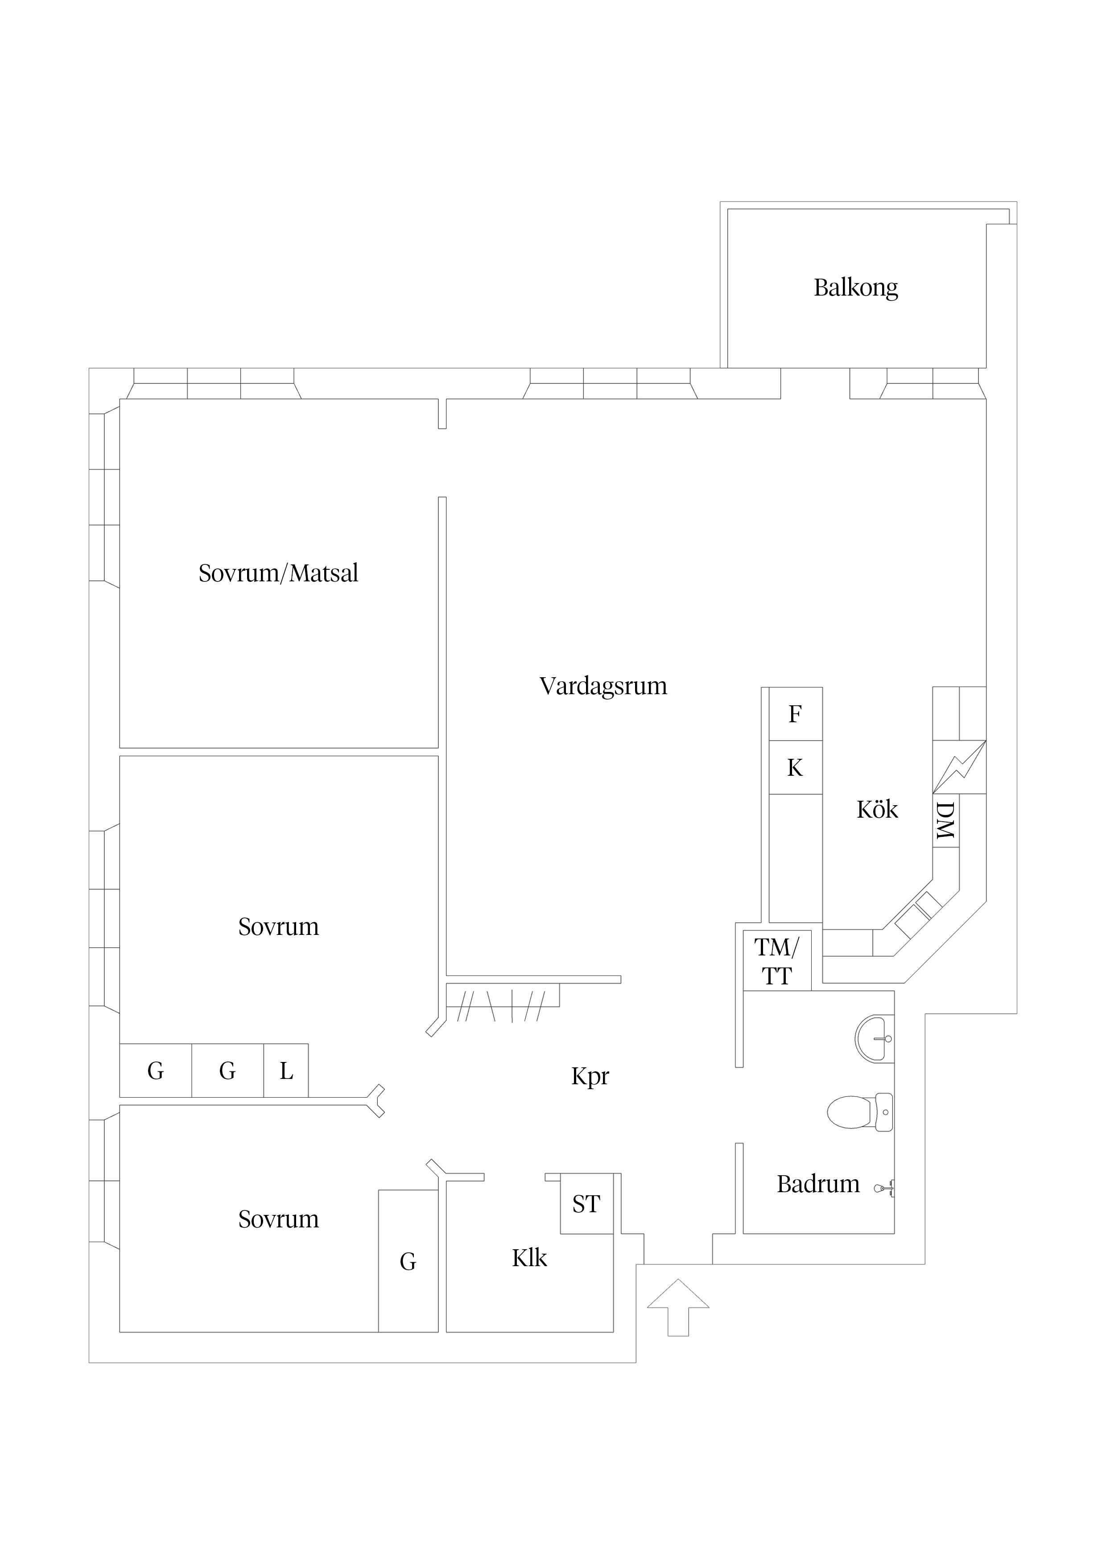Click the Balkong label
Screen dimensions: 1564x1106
click(x=855, y=288)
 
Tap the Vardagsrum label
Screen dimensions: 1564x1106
click(x=603, y=686)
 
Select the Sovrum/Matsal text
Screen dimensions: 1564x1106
click(x=278, y=573)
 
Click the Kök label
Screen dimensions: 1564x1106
click(x=877, y=810)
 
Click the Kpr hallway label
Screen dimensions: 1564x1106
click(x=590, y=1076)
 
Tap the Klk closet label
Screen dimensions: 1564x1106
click(x=529, y=1258)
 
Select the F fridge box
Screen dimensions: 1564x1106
click(x=795, y=714)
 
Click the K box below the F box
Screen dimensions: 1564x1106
click(x=795, y=768)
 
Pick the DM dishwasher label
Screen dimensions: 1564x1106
click(x=945, y=820)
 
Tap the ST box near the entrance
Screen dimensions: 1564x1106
click(x=586, y=1204)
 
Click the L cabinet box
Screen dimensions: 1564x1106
click(x=286, y=1071)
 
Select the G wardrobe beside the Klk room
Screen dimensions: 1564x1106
click(x=408, y=1262)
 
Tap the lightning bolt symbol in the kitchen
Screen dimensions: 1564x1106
click(x=959, y=767)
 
